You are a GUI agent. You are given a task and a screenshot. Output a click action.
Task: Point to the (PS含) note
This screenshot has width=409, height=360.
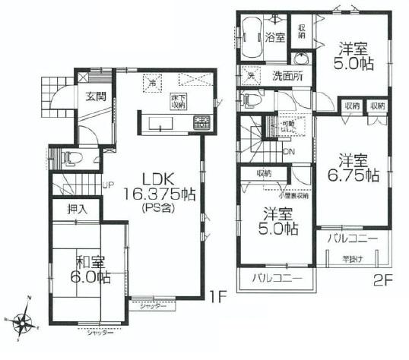pos(159,208)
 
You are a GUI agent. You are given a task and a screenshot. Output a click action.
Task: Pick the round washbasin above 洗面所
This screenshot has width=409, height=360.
pos(302,61)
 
